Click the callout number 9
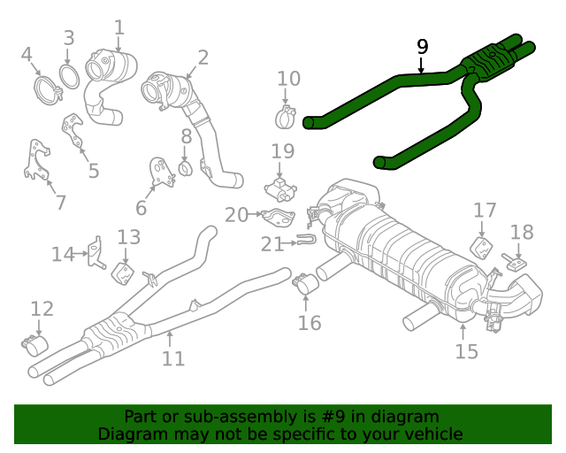point(422,46)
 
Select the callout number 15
point(466,351)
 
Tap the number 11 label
point(173,358)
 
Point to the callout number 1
point(119,28)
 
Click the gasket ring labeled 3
point(69,74)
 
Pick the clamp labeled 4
point(44,88)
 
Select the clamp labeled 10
point(287,116)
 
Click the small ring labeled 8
point(186,167)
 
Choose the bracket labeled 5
point(73,133)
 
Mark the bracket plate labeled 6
point(160,172)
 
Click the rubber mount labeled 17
point(482,247)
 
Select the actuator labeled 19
point(282,187)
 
